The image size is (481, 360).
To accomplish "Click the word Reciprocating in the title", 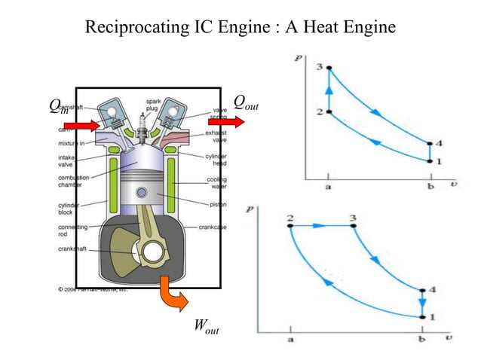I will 136,29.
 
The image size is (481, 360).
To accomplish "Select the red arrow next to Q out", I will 221,121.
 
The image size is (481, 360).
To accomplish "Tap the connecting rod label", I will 72,230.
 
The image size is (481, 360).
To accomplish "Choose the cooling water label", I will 218,183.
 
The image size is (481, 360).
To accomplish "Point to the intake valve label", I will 69,161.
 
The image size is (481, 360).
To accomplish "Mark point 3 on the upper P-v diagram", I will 329,68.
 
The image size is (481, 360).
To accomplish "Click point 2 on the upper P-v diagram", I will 329,112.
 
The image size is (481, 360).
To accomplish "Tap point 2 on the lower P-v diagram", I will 290,224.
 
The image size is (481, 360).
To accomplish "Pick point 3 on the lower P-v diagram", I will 354,224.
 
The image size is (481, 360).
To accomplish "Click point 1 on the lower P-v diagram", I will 421,317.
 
